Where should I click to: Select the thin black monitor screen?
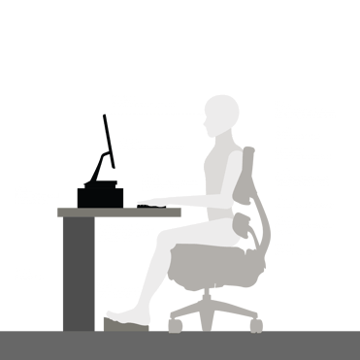pyautogui.click(x=107, y=146)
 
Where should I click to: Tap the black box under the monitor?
pyautogui.click(x=100, y=195)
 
